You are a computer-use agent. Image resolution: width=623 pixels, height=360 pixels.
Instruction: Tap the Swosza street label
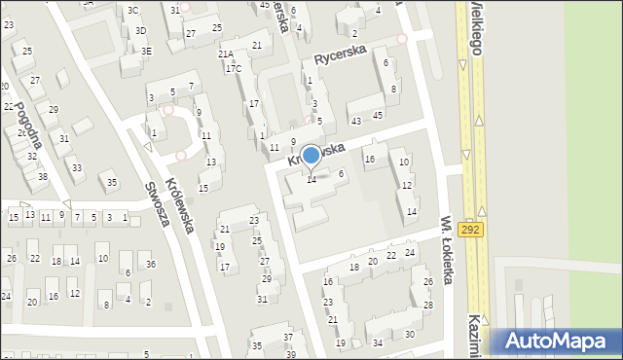(157, 202)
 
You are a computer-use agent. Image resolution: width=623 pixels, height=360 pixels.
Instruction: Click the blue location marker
(311, 156)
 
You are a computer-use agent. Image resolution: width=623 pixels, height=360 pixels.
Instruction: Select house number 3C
(133, 10)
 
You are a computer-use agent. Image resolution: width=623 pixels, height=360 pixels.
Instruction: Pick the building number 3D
(141, 30)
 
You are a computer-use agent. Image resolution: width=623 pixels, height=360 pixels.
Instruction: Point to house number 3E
(146, 51)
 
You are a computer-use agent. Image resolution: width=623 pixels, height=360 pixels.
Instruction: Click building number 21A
(225, 54)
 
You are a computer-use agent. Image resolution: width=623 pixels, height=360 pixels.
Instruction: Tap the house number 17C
(233, 68)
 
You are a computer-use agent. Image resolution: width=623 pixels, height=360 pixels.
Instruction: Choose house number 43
(356, 120)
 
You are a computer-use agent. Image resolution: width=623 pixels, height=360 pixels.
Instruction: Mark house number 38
(42, 176)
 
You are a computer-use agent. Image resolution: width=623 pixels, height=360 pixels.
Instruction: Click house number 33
(77, 168)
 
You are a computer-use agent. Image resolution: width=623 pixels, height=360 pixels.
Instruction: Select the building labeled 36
(150, 265)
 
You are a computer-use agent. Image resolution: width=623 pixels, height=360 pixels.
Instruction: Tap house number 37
(288, 337)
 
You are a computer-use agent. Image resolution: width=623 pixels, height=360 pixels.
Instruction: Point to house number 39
(291, 354)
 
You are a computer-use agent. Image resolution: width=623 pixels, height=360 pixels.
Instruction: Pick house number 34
(378, 342)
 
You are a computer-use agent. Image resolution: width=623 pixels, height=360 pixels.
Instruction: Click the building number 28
(428, 305)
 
